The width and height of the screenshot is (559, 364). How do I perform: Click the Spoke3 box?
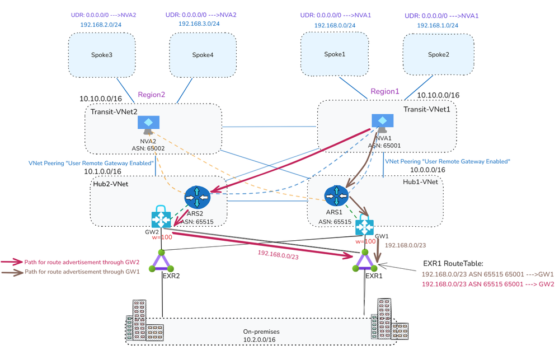tap(101, 55)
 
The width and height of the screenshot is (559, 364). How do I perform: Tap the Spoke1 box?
tap(335, 54)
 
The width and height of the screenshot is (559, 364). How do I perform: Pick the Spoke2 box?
tap(438, 54)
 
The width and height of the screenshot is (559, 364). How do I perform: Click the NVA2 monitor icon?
tap(148, 125)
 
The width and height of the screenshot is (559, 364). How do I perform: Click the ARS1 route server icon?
tap(336, 194)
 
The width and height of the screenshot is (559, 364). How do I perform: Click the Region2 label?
tap(152, 95)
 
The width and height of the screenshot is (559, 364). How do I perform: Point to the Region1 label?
tap(386, 91)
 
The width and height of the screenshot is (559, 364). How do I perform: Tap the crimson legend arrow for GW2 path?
tap(11, 262)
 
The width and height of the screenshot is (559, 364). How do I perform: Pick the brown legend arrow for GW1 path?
tap(11, 273)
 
